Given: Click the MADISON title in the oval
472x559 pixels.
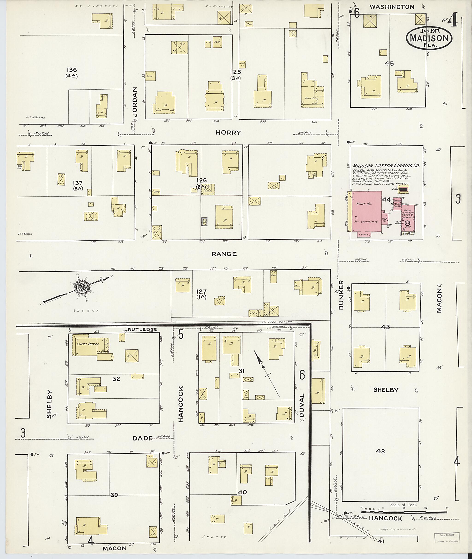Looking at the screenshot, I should click(429, 38).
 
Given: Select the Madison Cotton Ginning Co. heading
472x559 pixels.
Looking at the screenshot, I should click(386, 166).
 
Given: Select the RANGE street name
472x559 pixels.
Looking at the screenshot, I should click(224, 254).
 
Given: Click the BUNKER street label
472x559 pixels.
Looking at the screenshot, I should click(341, 295).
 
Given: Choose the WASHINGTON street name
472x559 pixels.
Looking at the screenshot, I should click(392, 7).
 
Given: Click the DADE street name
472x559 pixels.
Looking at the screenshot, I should click(143, 438).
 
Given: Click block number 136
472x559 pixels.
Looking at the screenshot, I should click(72, 70).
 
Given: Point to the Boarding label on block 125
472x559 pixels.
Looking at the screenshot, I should click(311, 98).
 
